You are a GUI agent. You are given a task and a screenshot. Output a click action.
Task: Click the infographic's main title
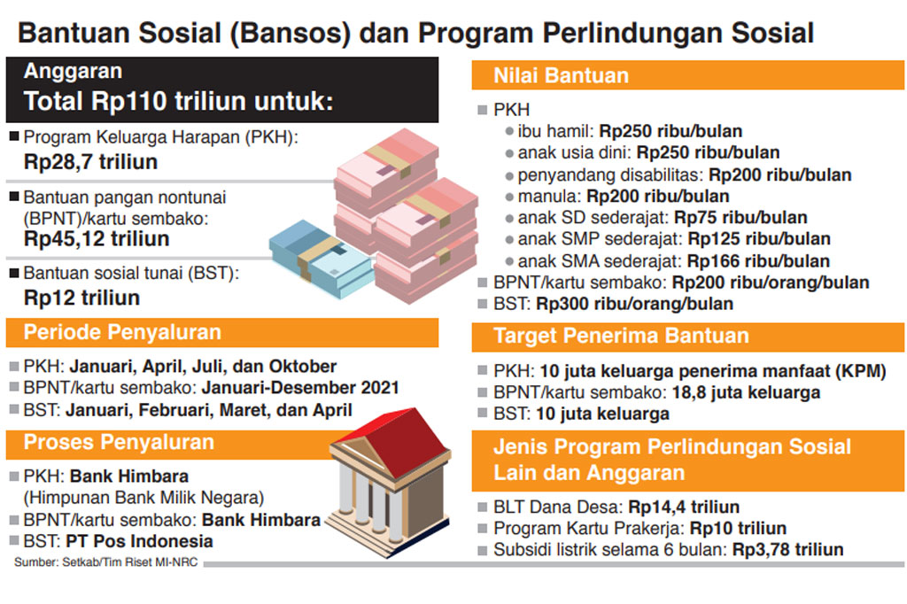click(x=415, y=33)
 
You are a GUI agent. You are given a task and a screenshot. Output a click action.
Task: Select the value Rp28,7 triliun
click(x=90, y=161)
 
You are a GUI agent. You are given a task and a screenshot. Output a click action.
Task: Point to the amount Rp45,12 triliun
click(x=97, y=238)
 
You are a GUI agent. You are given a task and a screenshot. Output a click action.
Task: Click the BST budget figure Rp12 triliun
click(x=81, y=297)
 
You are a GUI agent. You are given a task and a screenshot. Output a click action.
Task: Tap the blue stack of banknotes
click(x=320, y=257)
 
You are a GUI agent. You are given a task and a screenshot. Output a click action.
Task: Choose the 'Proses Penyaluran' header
click(x=119, y=442)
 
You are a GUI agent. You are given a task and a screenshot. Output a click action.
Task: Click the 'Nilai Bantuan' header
click(x=562, y=76)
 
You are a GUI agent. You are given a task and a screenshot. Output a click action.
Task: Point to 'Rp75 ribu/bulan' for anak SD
click(x=740, y=218)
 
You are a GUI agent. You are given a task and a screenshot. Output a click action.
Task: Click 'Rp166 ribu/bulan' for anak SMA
click(x=758, y=261)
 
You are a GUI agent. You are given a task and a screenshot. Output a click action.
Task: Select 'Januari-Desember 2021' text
click(x=300, y=388)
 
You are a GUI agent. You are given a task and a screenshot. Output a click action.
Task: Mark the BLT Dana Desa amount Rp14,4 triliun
click(x=684, y=507)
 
